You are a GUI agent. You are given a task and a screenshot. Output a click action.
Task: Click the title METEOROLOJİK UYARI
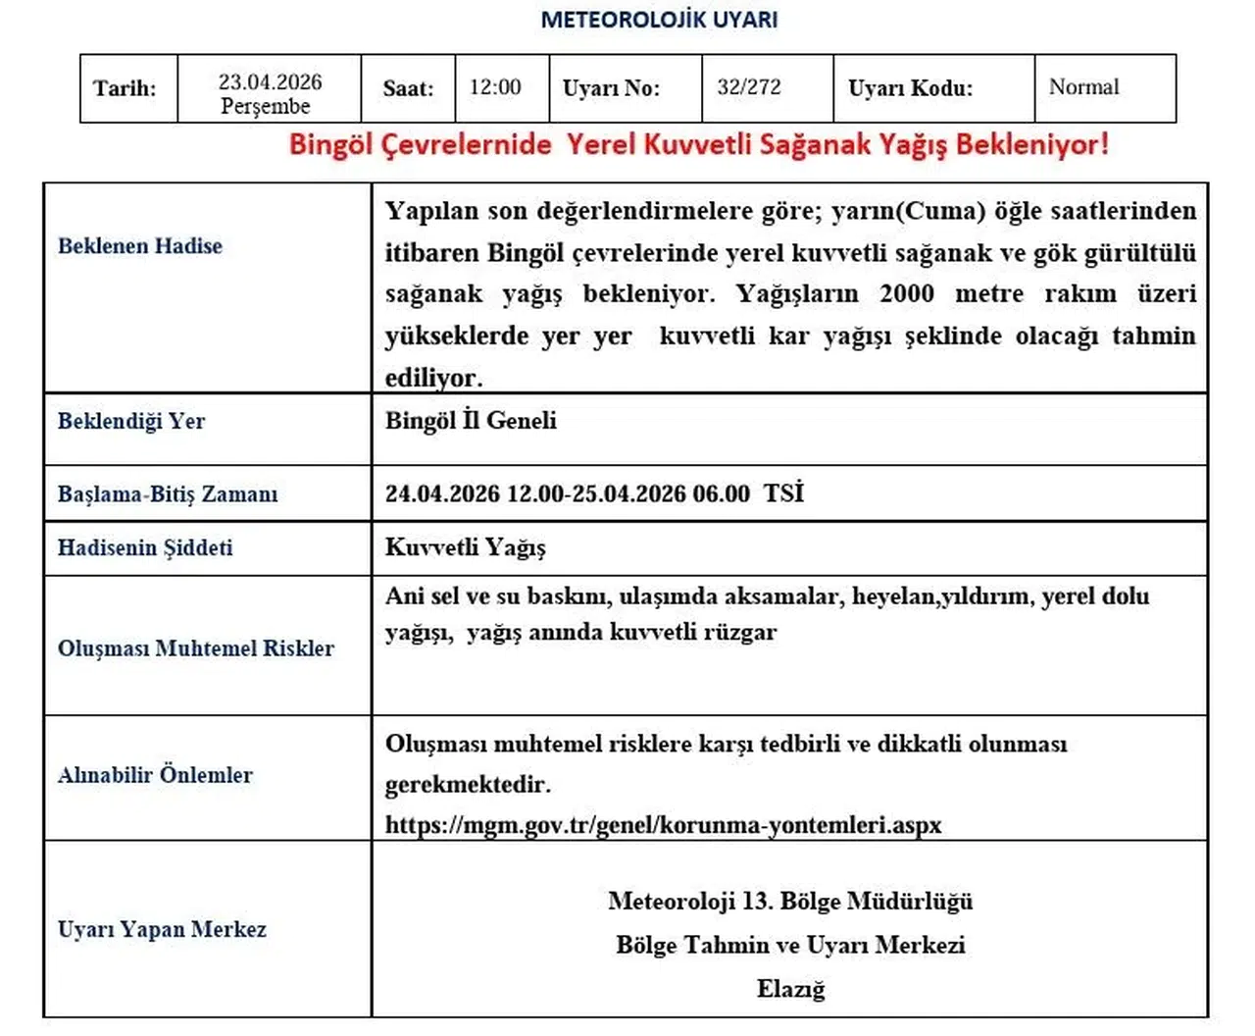click(x=659, y=20)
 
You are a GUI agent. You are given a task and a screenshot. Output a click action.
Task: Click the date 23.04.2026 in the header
click(x=270, y=81)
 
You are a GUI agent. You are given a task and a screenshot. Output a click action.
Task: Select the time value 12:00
click(x=495, y=87)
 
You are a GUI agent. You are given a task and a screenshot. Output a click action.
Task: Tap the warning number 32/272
click(x=749, y=87)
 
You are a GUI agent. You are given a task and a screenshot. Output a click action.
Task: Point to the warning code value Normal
click(x=1083, y=87)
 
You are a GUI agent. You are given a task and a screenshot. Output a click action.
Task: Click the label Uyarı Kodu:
click(x=910, y=88)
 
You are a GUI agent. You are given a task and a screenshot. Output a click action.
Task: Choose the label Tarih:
click(x=125, y=88)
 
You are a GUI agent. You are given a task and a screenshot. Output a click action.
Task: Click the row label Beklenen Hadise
click(x=140, y=246)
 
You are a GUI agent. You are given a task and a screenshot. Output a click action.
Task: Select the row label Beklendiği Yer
click(x=131, y=422)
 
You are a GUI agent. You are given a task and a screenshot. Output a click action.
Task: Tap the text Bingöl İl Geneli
click(x=471, y=421)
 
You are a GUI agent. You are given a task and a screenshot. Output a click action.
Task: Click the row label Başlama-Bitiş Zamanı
click(x=168, y=494)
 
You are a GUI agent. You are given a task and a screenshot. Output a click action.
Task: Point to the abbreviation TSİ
click(x=783, y=492)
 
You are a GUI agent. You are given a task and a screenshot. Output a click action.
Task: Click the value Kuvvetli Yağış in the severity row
click(x=465, y=547)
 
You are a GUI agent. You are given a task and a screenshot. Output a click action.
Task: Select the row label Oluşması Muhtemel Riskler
click(x=196, y=648)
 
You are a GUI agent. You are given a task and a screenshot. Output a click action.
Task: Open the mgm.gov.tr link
click(x=663, y=825)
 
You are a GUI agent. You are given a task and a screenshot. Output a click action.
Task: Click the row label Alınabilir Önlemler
click(x=155, y=775)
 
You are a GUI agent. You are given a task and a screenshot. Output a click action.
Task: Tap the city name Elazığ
click(x=790, y=989)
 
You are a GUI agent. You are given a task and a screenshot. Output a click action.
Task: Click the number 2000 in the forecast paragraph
click(x=907, y=294)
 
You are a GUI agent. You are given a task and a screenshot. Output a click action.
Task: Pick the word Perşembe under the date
click(x=265, y=106)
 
